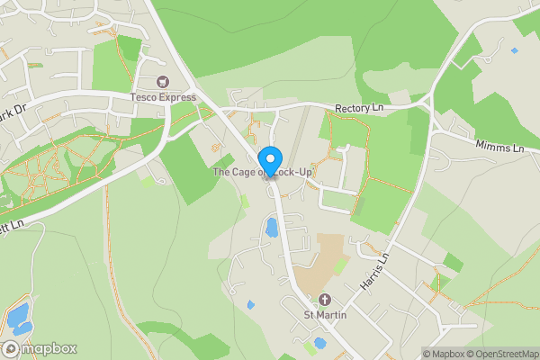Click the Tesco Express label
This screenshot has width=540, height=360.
163,97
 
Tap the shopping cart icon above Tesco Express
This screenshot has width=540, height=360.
163,82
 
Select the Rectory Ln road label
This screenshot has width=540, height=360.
359,109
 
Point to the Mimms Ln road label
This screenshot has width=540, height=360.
499,146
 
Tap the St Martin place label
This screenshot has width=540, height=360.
325,314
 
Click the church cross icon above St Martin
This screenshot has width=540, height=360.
325,300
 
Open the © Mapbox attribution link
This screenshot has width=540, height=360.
443,354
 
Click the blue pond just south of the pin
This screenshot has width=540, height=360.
271,228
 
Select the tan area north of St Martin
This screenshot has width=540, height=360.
321,261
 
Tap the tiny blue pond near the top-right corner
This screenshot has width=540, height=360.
514,50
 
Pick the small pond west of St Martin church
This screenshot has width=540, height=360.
250,304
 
